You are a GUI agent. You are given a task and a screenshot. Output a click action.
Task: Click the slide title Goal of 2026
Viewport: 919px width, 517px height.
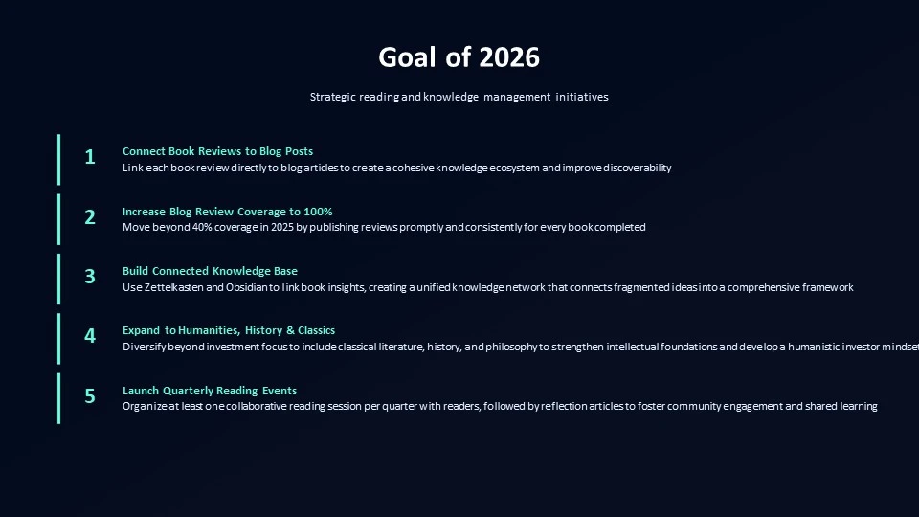pos(459,57)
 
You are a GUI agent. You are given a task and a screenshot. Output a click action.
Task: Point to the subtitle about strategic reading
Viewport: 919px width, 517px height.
pos(459,97)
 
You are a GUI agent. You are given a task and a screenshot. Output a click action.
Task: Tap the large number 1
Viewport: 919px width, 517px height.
pos(90,157)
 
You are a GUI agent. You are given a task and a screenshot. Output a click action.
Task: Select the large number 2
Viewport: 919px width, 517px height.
pos(90,217)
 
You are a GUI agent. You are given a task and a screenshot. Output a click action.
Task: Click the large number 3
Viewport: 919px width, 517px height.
pos(90,276)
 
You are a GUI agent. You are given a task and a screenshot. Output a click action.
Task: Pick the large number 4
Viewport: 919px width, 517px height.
pos(90,336)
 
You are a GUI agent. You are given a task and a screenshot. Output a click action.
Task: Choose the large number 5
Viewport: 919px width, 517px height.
pos(90,396)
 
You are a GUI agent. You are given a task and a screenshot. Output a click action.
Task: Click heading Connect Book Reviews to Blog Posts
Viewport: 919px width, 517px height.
pos(217,151)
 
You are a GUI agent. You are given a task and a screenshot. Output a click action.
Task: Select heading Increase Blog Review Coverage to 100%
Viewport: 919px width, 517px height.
pos(228,212)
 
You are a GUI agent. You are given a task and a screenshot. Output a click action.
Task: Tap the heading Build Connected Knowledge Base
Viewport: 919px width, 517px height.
pos(210,271)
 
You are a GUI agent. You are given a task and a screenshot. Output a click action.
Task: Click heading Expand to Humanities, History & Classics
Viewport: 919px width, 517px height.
pos(229,330)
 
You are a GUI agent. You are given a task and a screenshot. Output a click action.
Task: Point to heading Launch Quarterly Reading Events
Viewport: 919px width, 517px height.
pos(210,391)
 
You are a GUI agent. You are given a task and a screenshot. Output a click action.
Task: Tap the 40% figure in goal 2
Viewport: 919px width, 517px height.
pos(202,227)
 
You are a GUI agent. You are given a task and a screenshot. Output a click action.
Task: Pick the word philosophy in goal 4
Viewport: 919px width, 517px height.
pos(511,347)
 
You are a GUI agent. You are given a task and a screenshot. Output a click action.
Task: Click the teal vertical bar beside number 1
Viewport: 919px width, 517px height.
pos(58,160)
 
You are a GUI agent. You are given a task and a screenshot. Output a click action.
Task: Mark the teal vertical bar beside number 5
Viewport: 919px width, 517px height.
pos(58,398)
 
